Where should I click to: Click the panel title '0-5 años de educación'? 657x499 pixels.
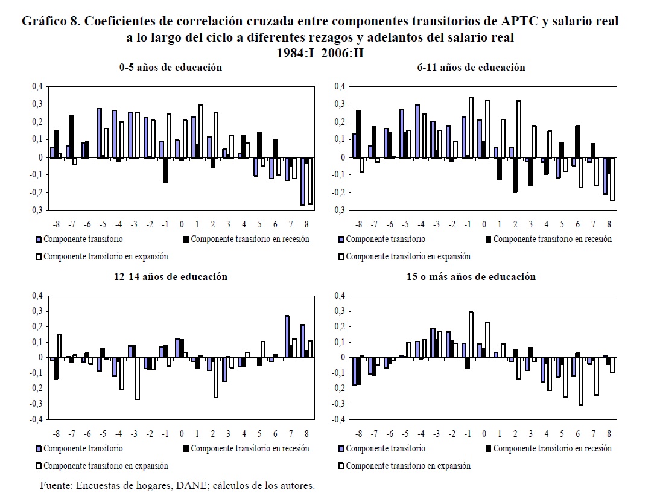point(170,68)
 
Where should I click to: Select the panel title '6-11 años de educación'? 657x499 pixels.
point(471,68)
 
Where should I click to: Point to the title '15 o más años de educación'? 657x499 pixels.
point(471,277)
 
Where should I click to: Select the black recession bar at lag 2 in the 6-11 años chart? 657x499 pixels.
point(515,175)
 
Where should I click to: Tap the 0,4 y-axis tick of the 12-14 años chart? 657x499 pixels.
point(37,296)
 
